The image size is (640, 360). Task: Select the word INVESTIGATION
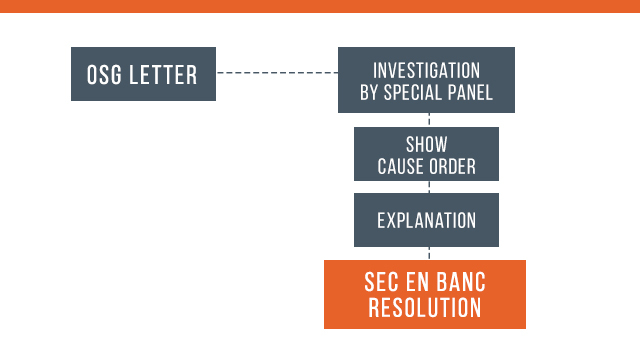coord(426,71)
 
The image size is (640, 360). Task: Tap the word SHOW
coord(426,145)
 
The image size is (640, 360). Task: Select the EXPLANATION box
coord(426,220)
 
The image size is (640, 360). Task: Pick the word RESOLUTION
coord(425,308)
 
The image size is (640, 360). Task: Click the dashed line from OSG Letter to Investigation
coord(277,73)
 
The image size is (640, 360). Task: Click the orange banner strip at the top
coord(320,6)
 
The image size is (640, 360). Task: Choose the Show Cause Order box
coord(426,154)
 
